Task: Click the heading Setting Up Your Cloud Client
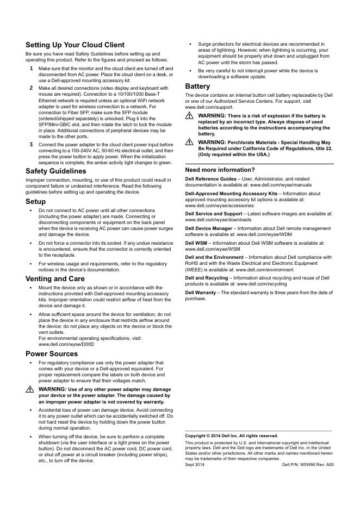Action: coord(75,45)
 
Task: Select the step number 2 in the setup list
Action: coord(31,88)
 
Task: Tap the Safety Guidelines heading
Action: coord(55,171)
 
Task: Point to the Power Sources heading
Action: coord(52,353)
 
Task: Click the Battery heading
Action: coord(197,86)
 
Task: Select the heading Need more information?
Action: coord(220,170)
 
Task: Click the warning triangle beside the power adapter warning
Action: coord(29,390)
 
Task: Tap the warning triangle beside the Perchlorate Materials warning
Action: coord(189,142)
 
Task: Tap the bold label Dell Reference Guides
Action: coord(211,178)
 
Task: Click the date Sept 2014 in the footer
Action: coord(195,465)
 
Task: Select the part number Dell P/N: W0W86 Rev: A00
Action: coord(308,465)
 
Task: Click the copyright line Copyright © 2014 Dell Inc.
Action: coord(231,436)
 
